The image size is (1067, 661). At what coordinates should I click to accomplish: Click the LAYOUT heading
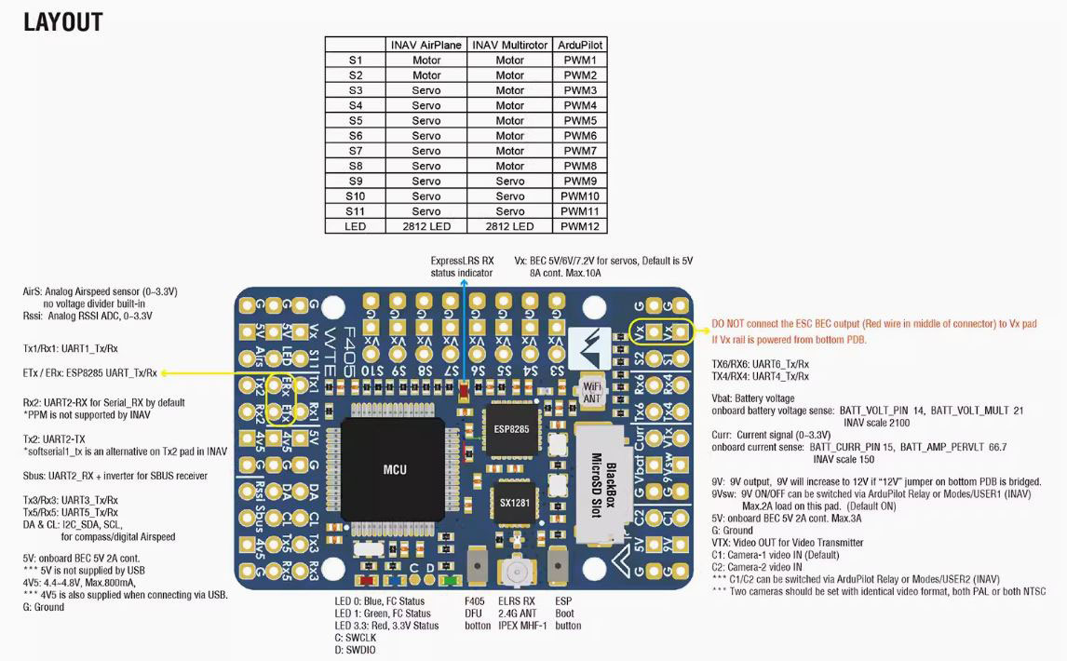pos(63,21)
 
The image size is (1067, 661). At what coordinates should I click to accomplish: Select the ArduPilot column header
pos(580,45)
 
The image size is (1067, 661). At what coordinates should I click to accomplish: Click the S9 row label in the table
pos(356,182)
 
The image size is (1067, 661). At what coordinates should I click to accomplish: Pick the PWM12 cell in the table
pos(580,226)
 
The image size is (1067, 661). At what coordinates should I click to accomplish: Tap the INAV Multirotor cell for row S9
pos(509,182)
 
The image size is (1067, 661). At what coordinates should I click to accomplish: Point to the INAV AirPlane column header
pos(426,45)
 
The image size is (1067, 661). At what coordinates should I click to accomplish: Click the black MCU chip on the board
pos(394,470)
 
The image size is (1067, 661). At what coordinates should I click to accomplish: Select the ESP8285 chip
pos(511,429)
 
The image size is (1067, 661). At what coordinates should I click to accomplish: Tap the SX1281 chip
pos(515,503)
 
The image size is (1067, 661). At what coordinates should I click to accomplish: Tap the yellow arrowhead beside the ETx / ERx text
pos(164,373)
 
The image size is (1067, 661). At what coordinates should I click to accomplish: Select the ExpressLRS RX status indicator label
pos(462,267)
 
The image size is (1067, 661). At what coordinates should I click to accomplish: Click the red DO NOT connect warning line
pos(873,324)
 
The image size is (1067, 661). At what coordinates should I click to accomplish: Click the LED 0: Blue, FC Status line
pos(379,601)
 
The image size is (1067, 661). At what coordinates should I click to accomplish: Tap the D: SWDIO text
pos(355,650)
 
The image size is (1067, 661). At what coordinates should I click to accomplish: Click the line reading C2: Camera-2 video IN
pos(757,567)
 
